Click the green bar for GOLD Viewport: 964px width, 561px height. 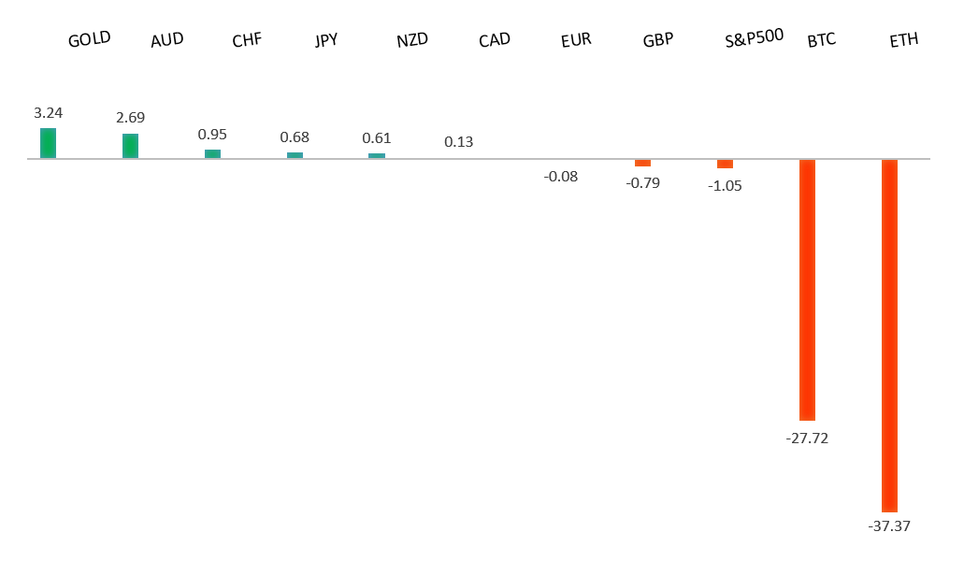48,143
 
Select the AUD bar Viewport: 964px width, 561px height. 130,146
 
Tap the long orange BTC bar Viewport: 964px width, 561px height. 807,290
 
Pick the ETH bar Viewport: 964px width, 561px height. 889,335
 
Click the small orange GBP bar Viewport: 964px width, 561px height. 642,163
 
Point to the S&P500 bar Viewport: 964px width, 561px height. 725,164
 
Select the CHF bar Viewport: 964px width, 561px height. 212,153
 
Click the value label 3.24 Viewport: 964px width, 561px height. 48,112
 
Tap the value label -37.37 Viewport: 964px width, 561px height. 889,526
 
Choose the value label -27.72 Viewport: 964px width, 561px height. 807,437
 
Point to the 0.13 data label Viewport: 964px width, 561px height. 458,142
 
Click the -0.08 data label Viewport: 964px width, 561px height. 561,176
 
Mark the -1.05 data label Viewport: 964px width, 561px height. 725,185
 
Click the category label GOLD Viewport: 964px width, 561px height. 90,39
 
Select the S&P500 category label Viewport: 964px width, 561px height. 754,40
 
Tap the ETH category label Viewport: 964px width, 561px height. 903,40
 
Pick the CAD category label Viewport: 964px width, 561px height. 494,40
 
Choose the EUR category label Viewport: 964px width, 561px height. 576,40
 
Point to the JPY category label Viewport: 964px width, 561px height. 326,40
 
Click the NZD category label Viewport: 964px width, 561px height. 411,40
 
